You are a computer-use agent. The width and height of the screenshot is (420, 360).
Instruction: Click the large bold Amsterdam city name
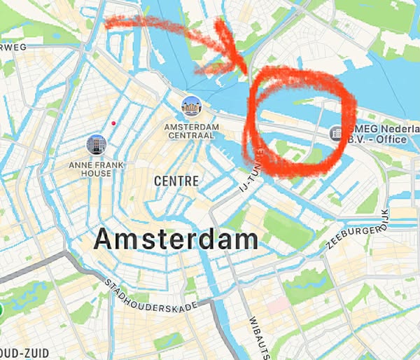click(x=176, y=240)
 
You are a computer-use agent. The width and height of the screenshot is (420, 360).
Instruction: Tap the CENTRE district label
click(x=176, y=181)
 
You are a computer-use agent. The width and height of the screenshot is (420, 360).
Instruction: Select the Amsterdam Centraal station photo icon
click(x=191, y=107)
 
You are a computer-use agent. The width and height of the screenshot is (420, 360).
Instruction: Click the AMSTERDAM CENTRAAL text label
click(x=191, y=131)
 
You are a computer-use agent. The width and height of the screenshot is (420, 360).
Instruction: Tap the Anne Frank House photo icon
click(x=96, y=145)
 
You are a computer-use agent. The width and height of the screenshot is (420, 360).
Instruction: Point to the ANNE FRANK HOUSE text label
click(x=90, y=169)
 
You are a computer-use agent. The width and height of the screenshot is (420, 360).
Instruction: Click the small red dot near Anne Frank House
click(x=113, y=125)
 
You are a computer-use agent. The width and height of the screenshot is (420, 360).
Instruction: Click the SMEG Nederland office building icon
click(x=336, y=132)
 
